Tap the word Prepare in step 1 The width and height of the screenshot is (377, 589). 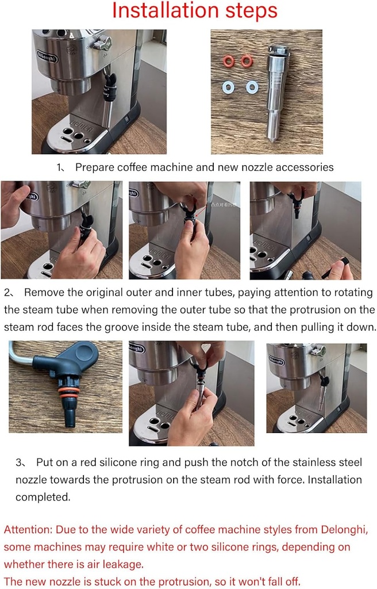click(x=94, y=167)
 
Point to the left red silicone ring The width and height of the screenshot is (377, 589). click(x=228, y=61)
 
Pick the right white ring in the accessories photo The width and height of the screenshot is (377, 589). click(x=252, y=87)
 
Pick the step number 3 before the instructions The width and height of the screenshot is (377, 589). click(x=19, y=462)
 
